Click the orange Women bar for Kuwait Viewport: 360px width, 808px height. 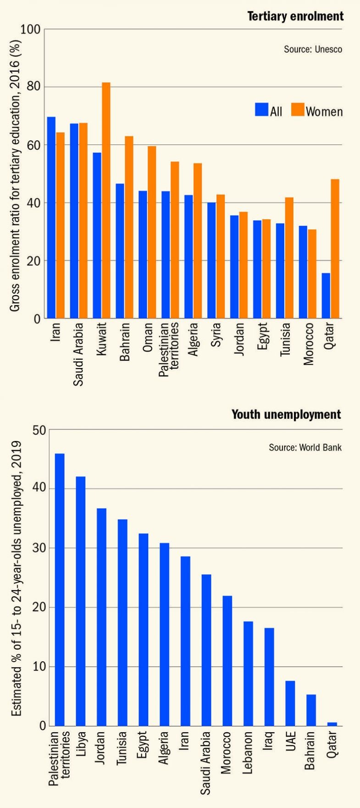106,201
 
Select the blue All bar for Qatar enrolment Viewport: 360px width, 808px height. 326,295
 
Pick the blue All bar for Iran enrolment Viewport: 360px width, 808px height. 51,217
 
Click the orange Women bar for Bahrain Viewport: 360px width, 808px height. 129,227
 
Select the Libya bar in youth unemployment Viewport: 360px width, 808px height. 81,601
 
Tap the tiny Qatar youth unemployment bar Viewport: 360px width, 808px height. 332,724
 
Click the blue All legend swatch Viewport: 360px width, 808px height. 261,110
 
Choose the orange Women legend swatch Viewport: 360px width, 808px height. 298,110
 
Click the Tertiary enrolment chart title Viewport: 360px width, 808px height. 295,17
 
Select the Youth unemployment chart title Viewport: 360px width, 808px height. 286,415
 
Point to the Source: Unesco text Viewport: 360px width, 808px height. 313,49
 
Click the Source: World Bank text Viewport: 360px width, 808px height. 305,447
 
